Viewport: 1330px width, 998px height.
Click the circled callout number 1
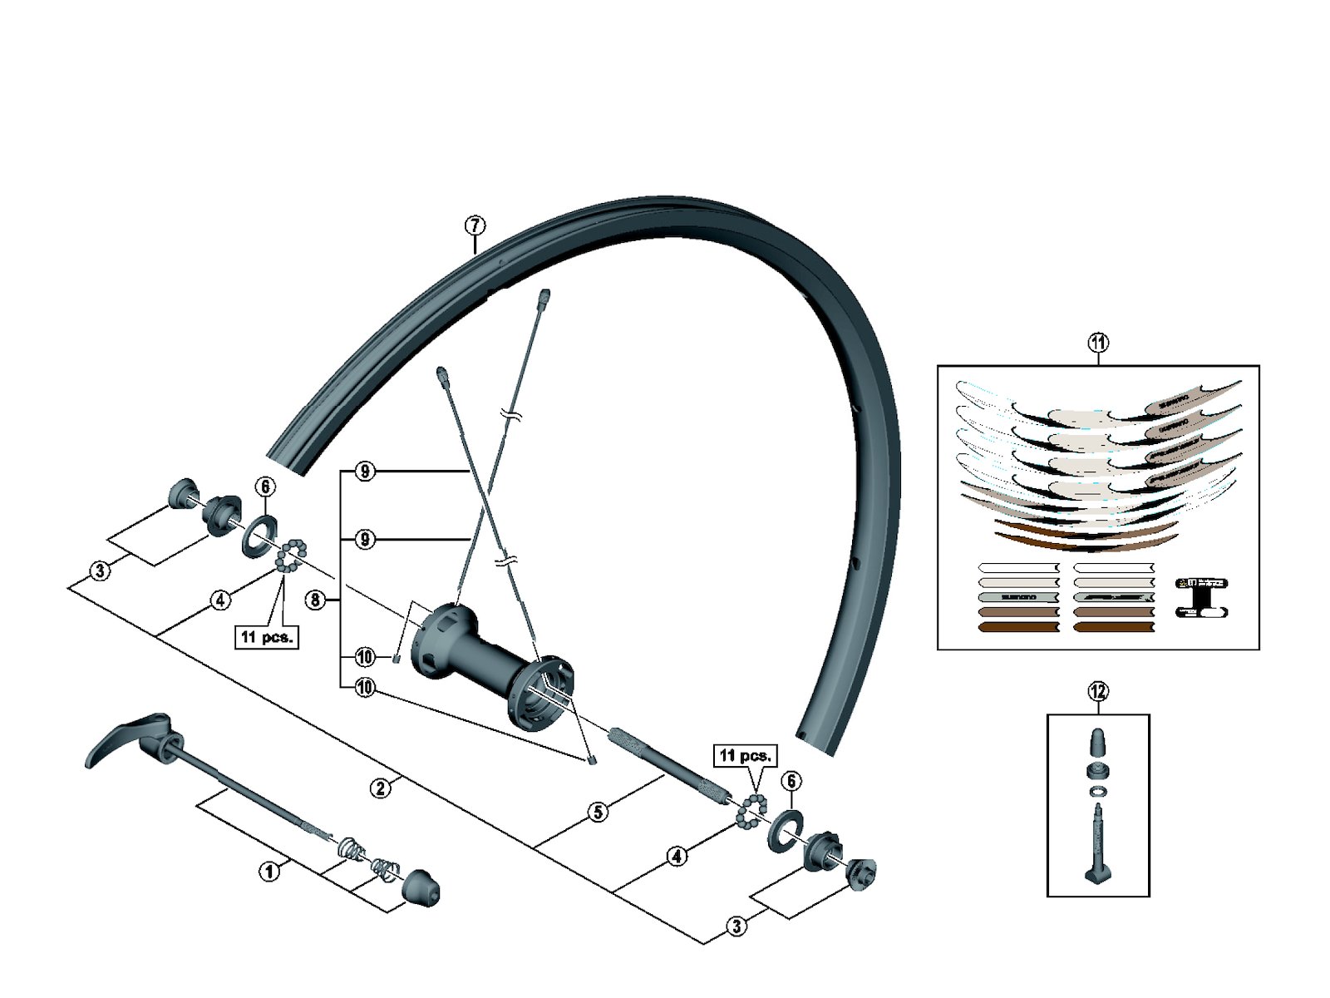coord(268,872)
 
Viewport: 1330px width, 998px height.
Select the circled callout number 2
coord(381,788)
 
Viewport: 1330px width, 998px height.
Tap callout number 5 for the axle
coord(598,812)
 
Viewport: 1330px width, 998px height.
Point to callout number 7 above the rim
coord(475,225)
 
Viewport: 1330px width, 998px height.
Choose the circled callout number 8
coord(316,600)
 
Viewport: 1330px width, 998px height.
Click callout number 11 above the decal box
coord(1098,343)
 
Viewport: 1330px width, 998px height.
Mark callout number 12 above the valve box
coord(1098,691)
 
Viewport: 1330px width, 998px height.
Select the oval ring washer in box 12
coord(1097,790)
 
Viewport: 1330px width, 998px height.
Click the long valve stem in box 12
coord(1097,840)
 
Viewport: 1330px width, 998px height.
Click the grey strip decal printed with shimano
coord(1018,597)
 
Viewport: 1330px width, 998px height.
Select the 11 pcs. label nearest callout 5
coord(746,756)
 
